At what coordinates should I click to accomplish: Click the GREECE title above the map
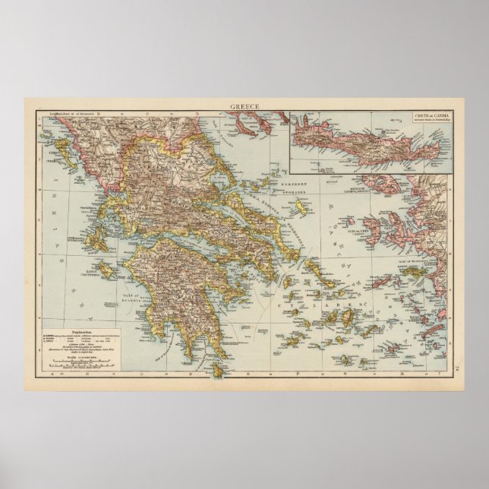[244, 106]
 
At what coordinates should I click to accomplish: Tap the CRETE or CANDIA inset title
[429, 117]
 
